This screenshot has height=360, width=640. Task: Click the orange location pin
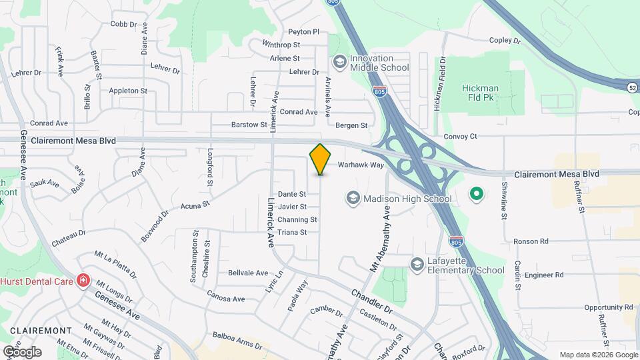[x=321, y=159]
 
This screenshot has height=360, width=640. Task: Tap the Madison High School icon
[x=352, y=198]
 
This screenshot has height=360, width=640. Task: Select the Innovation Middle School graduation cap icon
[x=340, y=61]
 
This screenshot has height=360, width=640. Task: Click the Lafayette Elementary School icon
[x=417, y=265]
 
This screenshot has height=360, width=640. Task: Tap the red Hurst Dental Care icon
[x=83, y=281]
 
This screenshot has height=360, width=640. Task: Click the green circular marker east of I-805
[x=476, y=195]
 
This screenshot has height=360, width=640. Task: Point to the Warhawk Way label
[x=361, y=165]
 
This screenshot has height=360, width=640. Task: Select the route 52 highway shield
[x=632, y=87]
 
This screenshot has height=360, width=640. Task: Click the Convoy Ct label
[x=461, y=137]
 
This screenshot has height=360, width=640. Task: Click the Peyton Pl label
[x=304, y=31]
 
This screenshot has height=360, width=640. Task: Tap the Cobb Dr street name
[x=123, y=24]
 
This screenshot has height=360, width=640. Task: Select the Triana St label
[x=292, y=233]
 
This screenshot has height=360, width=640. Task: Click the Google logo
[x=22, y=351]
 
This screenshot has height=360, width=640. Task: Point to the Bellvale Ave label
[x=247, y=273]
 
